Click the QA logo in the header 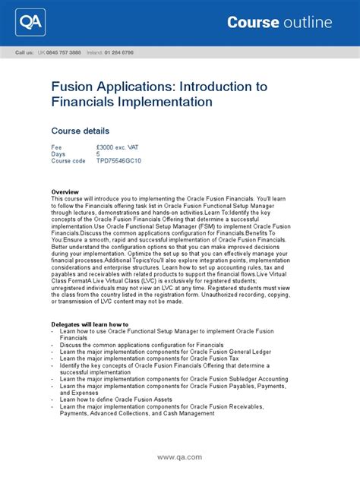30,23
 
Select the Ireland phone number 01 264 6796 117,52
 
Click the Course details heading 80,131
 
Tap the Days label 58,154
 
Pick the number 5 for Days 98,154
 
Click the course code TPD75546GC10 118,161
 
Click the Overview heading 66,191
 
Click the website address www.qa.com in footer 179,457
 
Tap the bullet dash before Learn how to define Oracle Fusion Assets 52,399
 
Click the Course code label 68,161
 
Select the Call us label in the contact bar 24,52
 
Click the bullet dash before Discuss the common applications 52,344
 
